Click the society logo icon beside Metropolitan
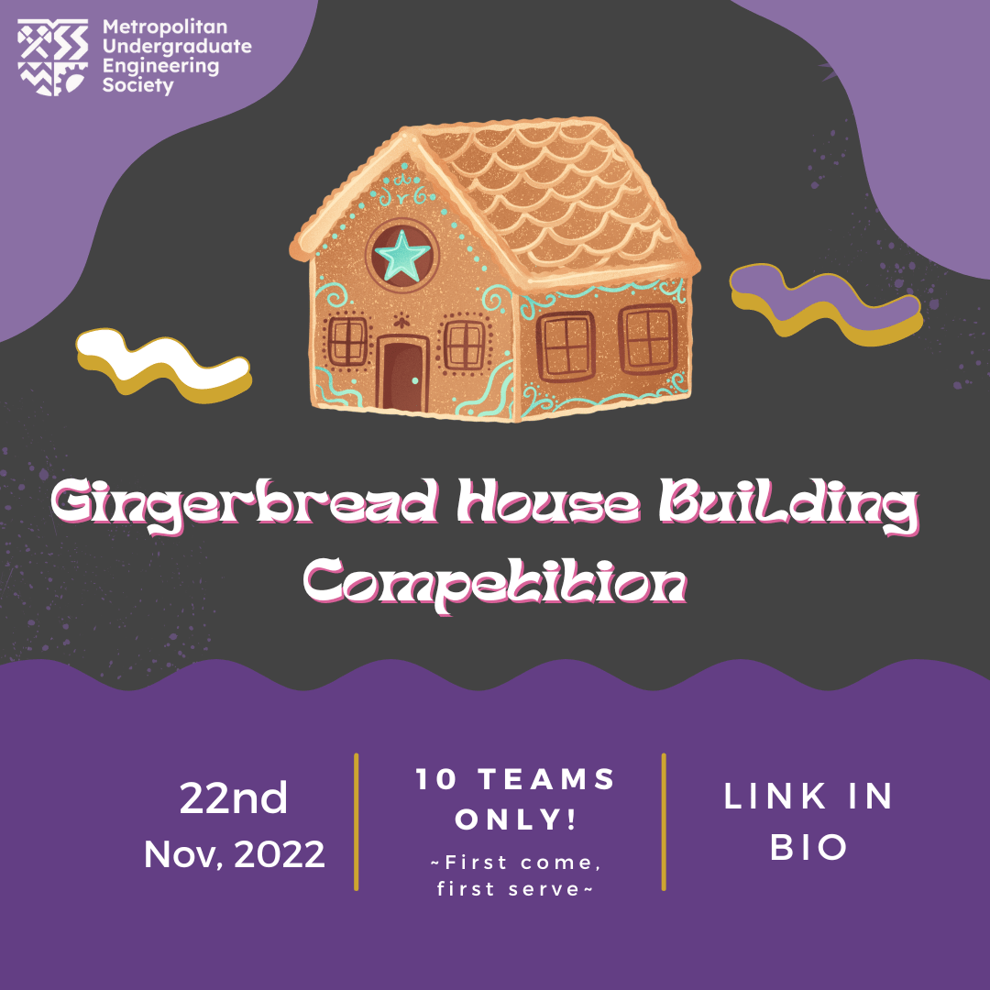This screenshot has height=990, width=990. pyautogui.click(x=54, y=57)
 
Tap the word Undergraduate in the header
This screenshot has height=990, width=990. pyautogui.click(x=178, y=47)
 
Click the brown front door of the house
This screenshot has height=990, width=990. pyautogui.click(x=403, y=373)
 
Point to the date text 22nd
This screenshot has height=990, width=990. pyautogui.click(x=234, y=798)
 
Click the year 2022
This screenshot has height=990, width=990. pyautogui.click(x=280, y=854)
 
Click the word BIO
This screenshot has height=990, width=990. pyautogui.click(x=808, y=848)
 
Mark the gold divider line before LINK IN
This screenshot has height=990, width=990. pyautogui.click(x=664, y=821)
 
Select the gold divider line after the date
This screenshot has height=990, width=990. pyautogui.click(x=356, y=821)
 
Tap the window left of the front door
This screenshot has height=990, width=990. pyautogui.click(x=347, y=340)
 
